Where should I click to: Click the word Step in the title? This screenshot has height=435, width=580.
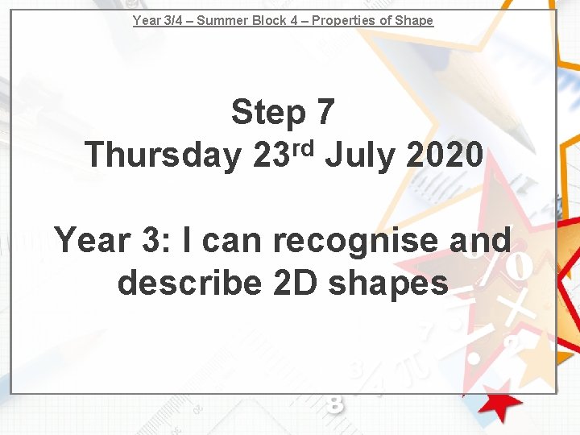[268, 114]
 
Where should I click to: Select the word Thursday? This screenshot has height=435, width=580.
[163, 155]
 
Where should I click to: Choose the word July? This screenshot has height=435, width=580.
[362, 155]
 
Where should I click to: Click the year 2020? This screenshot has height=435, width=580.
[444, 155]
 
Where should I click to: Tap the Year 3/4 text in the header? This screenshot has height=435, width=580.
[159, 20]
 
